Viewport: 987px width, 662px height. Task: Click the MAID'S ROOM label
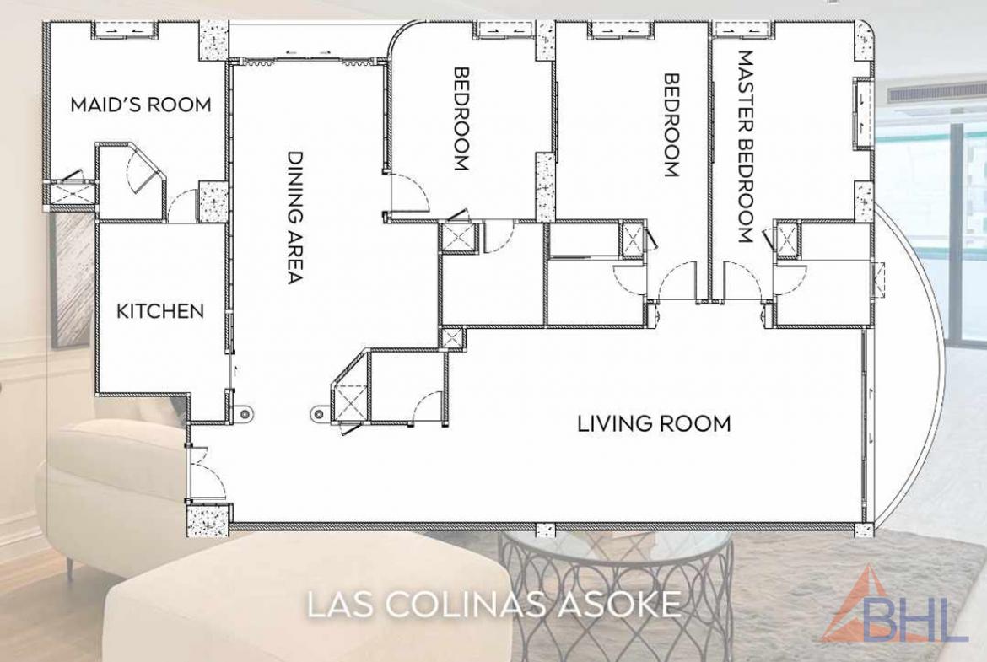pyautogui.click(x=140, y=105)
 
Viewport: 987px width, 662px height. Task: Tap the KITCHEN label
pyautogui.click(x=160, y=311)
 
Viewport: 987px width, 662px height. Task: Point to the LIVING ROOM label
pyautogui.click(x=654, y=423)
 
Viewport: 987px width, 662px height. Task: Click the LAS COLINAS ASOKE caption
pyautogui.click(x=494, y=604)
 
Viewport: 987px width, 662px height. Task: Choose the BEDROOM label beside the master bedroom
pyautogui.click(x=672, y=125)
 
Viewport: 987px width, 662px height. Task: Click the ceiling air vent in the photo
pyautogui.click(x=921, y=94)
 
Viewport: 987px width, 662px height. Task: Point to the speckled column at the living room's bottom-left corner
pyautogui.click(x=208, y=519)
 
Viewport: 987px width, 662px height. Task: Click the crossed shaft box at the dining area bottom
pyautogui.click(x=347, y=401)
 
